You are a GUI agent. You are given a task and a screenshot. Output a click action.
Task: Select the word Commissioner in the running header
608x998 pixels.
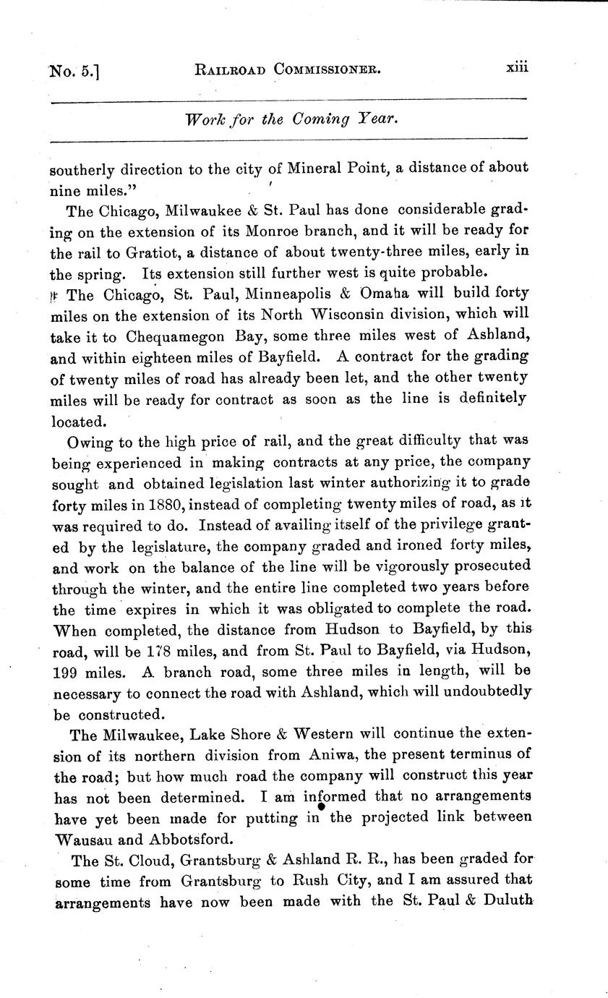pos(325,70)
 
